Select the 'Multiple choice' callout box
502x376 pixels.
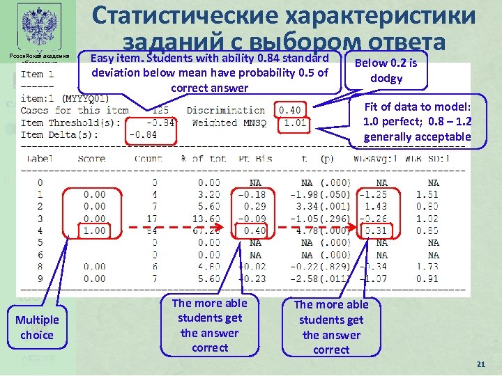click(36, 327)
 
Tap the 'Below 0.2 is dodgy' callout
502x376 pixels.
click(386, 70)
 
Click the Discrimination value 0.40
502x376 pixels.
click(290, 109)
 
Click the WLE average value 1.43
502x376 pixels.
click(376, 207)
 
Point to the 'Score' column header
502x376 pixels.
click(91, 159)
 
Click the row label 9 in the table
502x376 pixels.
click(39, 279)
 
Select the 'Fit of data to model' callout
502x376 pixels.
click(417, 122)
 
